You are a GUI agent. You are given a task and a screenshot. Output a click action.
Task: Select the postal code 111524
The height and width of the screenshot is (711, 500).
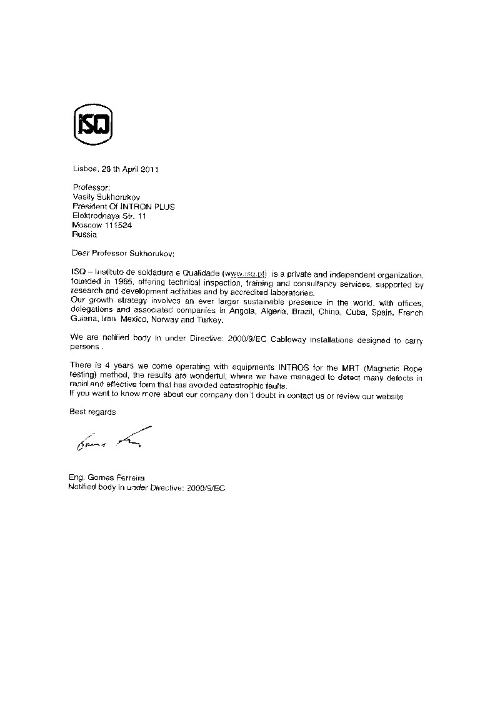(x=117, y=225)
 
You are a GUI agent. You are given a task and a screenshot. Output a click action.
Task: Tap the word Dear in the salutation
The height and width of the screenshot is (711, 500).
(x=81, y=254)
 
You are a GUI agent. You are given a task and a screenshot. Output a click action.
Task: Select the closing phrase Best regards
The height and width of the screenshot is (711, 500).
(x=92, y=412)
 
